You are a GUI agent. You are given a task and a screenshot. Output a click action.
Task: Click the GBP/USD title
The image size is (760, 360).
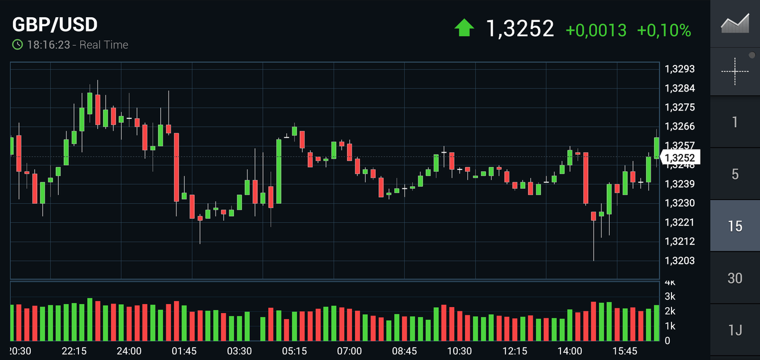click(x=55, y=25)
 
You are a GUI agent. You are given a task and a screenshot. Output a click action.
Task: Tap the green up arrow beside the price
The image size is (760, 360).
click(x=464, y=28)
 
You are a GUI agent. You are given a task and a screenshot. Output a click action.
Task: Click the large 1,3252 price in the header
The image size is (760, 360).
click(x=520, y=29)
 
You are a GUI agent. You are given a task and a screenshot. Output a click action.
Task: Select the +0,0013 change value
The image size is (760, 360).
click(x=596, y=30)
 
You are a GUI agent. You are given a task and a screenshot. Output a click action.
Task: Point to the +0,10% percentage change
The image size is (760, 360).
click(x=664, y=30)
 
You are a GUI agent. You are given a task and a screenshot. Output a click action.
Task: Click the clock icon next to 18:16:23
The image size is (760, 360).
click(x=18, y=45)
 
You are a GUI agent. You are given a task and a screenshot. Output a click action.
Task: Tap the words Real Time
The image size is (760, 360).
click(x=103, y=45)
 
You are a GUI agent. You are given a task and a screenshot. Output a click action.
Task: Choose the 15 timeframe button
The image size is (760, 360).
click(x=735, y=226)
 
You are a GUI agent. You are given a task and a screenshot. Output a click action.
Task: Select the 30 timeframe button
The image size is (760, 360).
click(x=735, y=278)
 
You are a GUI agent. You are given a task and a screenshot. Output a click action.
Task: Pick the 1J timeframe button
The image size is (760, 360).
click(x=735, y=330)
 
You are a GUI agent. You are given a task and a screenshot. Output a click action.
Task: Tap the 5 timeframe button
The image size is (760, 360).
click(x=735, y=174)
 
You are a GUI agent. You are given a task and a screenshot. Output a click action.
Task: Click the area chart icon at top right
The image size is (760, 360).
click(x=735, y=24)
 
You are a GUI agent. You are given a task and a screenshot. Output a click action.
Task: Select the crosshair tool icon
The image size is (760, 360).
click(x=735, y=71)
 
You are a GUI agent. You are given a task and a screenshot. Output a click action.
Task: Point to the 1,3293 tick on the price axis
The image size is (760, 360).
click(x=680, y=69)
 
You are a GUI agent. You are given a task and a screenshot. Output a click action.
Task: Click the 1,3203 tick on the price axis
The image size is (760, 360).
click(x=680, y=260)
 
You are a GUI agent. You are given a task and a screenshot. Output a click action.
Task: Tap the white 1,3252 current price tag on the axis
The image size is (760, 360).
click(x=680, y=157)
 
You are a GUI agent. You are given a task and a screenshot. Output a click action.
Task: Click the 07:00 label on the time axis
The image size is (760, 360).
click(x=349, y=351)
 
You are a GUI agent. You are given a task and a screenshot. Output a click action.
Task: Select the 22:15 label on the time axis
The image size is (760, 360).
click(x=74, y=351)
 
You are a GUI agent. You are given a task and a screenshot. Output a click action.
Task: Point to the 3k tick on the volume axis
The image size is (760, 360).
click(x=670, y=296)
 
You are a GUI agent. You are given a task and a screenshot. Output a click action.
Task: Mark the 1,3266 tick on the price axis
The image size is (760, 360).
click(x=680, y=127)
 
